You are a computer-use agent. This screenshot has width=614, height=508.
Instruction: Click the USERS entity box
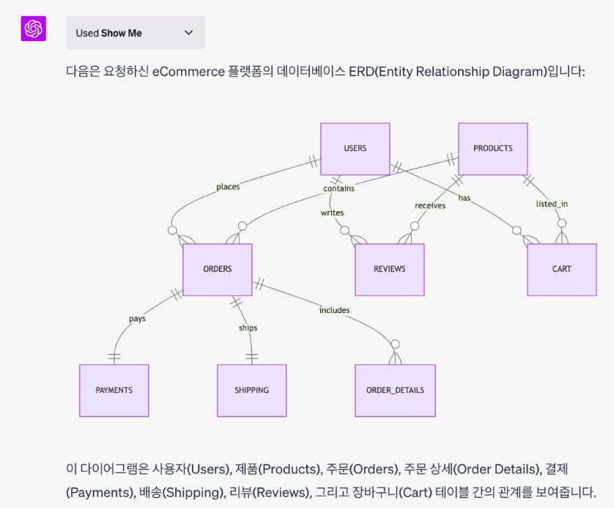[355, 148]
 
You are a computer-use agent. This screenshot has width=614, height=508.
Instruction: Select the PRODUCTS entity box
[492, 148]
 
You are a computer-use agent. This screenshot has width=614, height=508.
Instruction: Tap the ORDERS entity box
[217, 269]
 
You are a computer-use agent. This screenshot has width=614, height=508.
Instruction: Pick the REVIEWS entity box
[389, 269]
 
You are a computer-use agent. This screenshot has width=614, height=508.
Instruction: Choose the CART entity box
[561, 269]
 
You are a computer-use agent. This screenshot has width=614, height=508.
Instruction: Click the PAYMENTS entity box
[114, 390]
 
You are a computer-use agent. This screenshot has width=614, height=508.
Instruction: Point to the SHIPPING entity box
[251, 390]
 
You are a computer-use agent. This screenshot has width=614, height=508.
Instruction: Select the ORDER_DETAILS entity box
[395, 390]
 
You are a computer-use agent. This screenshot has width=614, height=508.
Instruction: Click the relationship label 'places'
[228, 187]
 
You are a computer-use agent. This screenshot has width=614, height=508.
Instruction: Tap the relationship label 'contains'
[339, 188]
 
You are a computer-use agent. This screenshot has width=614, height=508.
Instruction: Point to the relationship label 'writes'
[332, 213]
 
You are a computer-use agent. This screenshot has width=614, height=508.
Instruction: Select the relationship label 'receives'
[430, 205]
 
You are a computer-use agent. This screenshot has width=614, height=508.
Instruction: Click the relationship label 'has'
[465, 198]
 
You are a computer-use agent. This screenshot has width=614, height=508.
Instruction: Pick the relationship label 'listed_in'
[552, 203]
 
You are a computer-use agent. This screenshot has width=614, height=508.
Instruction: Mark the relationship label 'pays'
[137, 318]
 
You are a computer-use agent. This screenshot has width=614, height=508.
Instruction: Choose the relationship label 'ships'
[248, 328]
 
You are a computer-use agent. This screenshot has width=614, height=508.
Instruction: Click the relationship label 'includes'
[334, 310]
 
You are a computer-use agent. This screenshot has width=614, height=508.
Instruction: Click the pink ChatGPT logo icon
[34, 29]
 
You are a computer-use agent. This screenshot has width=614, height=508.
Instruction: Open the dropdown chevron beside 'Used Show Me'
[188, 33]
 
